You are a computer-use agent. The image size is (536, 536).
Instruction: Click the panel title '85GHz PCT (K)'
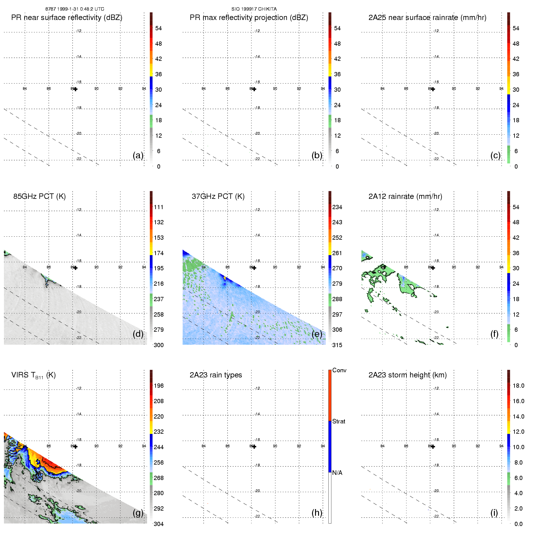(39, 196)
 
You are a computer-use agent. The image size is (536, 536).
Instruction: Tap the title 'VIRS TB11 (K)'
(33, 375)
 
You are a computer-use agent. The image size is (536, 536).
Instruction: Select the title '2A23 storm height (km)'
(407, 375)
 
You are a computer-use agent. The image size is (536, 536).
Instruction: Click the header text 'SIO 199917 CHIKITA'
(254, 9)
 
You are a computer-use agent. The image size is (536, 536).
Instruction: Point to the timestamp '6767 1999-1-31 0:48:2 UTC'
(75, 9)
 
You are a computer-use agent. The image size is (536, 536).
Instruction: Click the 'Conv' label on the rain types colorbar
(339, 370)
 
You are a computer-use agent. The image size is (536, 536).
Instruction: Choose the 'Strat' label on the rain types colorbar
(339, 421)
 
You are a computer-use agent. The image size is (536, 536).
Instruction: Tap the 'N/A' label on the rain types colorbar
(337, 473)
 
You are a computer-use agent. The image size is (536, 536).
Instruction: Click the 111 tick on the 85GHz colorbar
(159, 207)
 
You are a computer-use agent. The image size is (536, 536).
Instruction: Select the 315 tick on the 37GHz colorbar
(337, 345)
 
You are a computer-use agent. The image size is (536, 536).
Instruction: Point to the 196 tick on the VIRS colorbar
(159, 386)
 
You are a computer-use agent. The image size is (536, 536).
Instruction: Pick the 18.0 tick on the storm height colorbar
(518, 386)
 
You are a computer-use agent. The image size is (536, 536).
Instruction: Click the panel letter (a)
(138, 155)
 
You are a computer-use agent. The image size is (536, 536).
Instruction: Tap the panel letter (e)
(317, 334)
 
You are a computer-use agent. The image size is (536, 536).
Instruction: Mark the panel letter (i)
(494, 513)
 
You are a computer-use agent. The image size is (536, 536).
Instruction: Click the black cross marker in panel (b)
(254, 89)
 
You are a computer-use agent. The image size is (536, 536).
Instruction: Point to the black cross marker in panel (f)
(433, 268)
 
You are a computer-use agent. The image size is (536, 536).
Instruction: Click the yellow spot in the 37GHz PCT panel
(225, 277)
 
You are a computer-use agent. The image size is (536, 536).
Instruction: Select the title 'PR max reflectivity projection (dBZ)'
(249, 18)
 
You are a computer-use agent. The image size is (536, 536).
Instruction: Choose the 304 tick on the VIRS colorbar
(159, 524)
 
